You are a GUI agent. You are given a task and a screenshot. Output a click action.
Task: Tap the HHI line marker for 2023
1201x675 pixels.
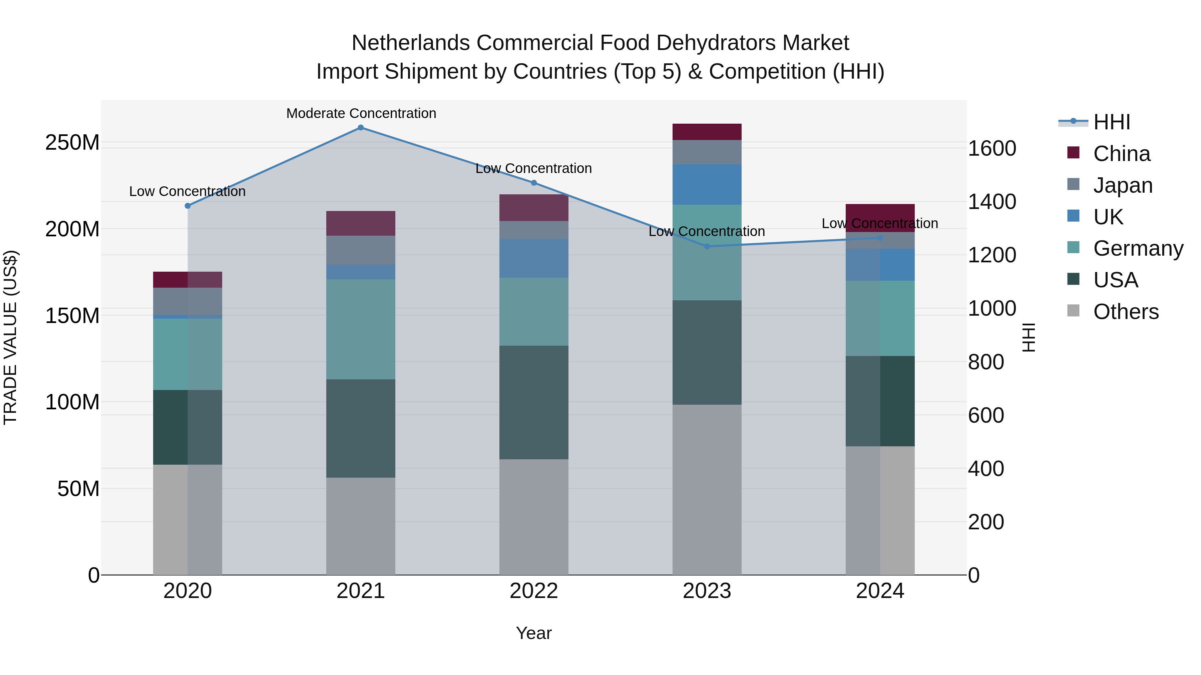(x=707, y=246)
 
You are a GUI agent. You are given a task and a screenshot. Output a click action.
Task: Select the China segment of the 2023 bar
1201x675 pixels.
(x=707, y=132)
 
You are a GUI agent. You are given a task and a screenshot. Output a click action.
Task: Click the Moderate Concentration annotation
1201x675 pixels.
(x=361, y=113)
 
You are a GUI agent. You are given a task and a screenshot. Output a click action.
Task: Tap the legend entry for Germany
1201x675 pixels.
(x=1138, y=248)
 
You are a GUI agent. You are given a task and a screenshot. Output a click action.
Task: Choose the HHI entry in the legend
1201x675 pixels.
(x=1112, y=122)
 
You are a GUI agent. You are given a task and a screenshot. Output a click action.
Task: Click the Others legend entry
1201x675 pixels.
(x=1126, y=312)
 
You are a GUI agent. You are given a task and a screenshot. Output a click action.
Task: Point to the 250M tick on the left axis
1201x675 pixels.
(x=72, y=142)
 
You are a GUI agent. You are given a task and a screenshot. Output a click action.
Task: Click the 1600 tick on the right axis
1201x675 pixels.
(x=992, y=149)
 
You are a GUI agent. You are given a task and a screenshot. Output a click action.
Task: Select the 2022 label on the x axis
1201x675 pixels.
(x=534, y=591)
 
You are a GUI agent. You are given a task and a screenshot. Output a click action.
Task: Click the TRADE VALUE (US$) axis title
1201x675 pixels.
(x=10, y=338)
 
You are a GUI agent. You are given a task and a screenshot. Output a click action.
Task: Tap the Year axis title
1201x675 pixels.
(x=534, y=633)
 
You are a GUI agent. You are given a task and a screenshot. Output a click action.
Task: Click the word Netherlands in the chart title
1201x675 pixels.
(x=410, y=43)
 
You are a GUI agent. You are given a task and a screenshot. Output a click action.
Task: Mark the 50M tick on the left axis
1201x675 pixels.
(x=78, y=489)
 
